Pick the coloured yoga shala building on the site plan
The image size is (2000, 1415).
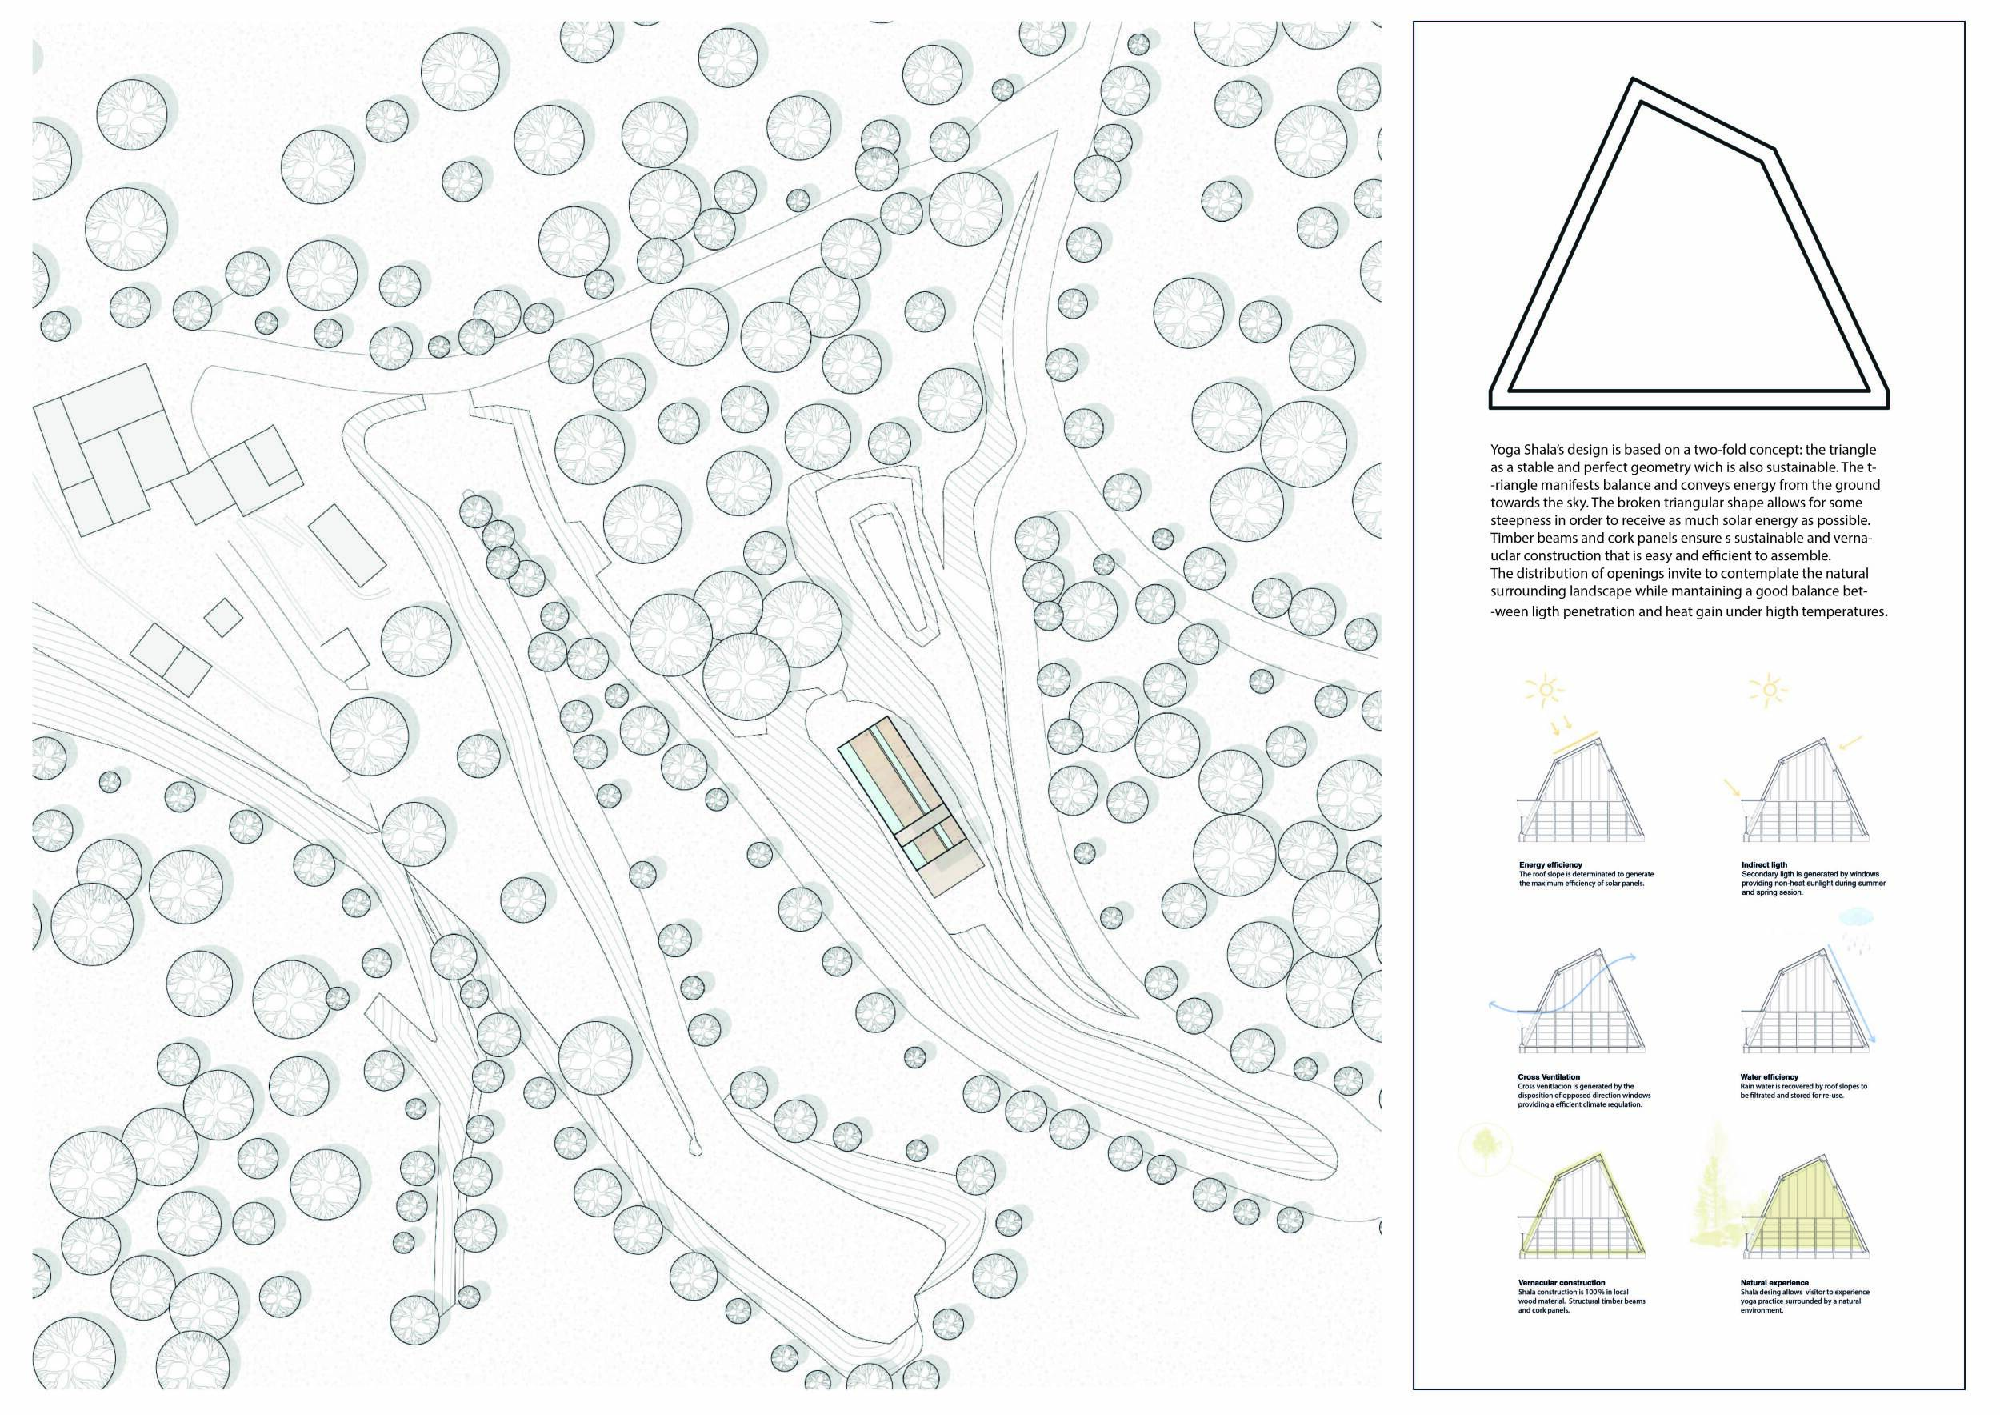point(911,805)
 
